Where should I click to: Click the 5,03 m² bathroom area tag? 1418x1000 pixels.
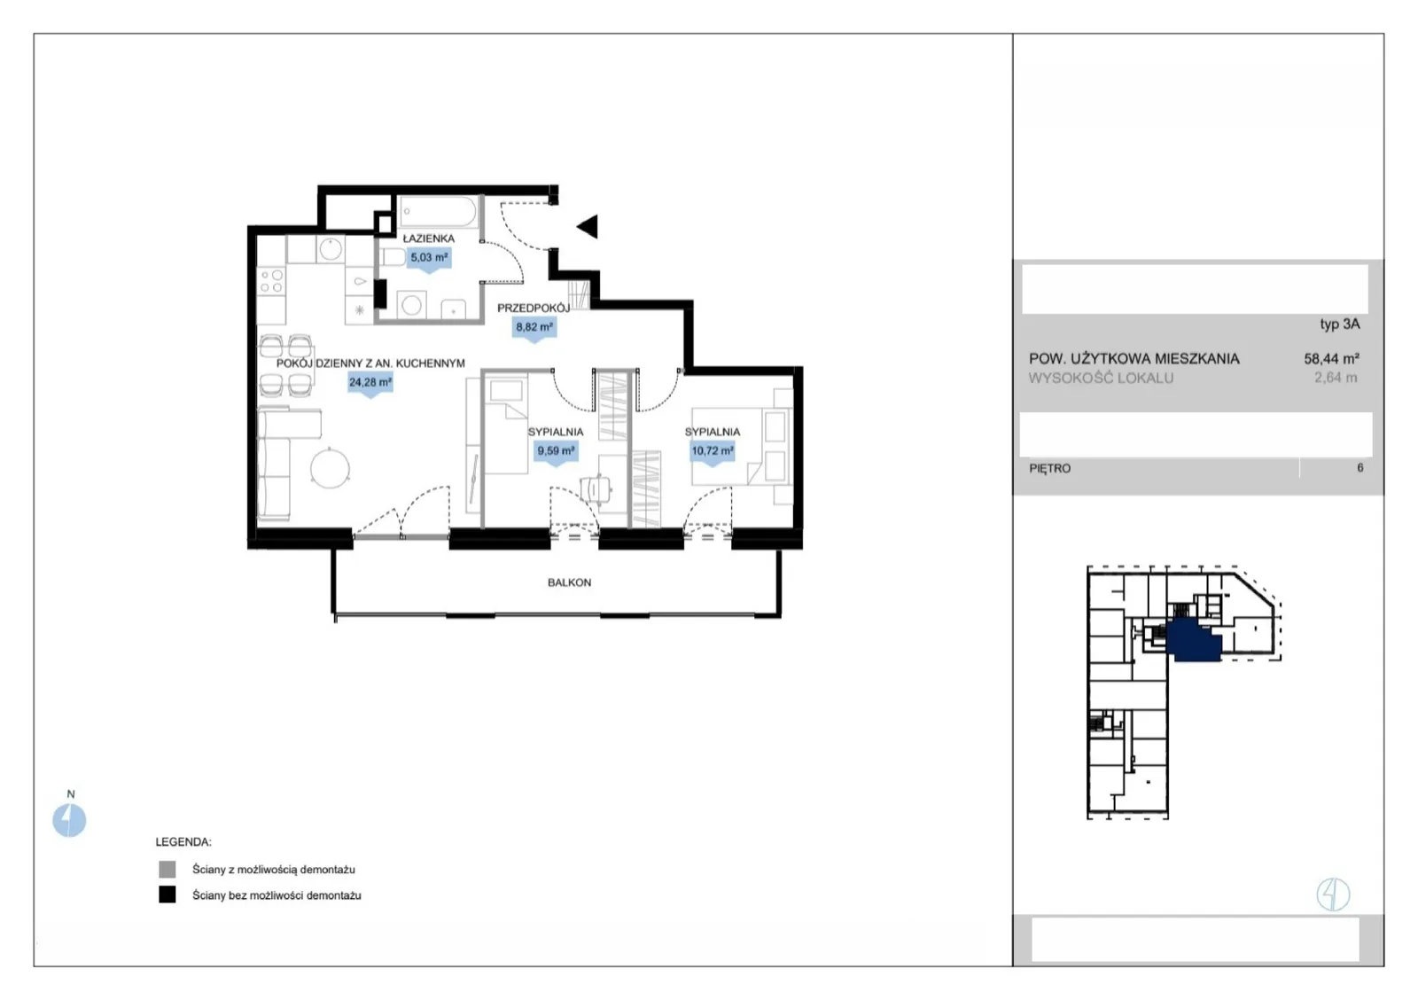pos(429,258)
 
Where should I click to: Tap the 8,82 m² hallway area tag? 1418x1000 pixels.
pos(534,328)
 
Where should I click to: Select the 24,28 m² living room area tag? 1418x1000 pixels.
pos(370,383)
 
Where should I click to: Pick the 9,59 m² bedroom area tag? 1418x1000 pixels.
pos(556,451)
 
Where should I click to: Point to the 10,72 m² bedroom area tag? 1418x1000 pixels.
pos(713,451)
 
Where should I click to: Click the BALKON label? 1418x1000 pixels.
pos(569,582)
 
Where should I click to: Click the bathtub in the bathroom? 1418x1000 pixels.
pos(438,211)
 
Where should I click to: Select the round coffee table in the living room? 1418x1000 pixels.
pos(330,468)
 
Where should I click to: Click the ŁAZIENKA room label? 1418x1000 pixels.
pos(429,238)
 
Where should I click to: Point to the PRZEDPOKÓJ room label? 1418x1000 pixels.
pos(533,309)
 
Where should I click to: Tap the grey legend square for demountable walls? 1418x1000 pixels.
pos(168,869)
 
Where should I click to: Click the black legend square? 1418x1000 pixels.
pos(168,895)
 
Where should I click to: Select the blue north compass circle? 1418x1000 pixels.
pos(69,820)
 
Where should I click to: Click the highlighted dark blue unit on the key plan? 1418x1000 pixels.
pos(1193,641)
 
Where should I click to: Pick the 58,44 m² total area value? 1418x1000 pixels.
pos(1331,359)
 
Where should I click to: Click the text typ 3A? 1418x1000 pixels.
pos(1339,324)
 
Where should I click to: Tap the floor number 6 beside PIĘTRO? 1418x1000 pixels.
pos(1360,468)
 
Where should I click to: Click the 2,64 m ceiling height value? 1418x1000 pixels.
pos(1336,378)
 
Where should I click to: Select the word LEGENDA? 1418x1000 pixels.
pos(183,842)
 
